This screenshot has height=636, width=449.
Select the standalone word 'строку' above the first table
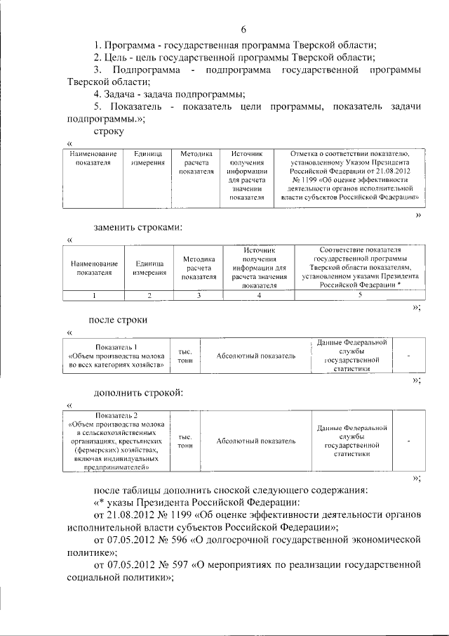click(x=108, y=131)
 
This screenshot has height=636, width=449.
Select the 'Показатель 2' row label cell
click(x=116, y=441)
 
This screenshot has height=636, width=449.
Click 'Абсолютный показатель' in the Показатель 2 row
click(x=255, y=441)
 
